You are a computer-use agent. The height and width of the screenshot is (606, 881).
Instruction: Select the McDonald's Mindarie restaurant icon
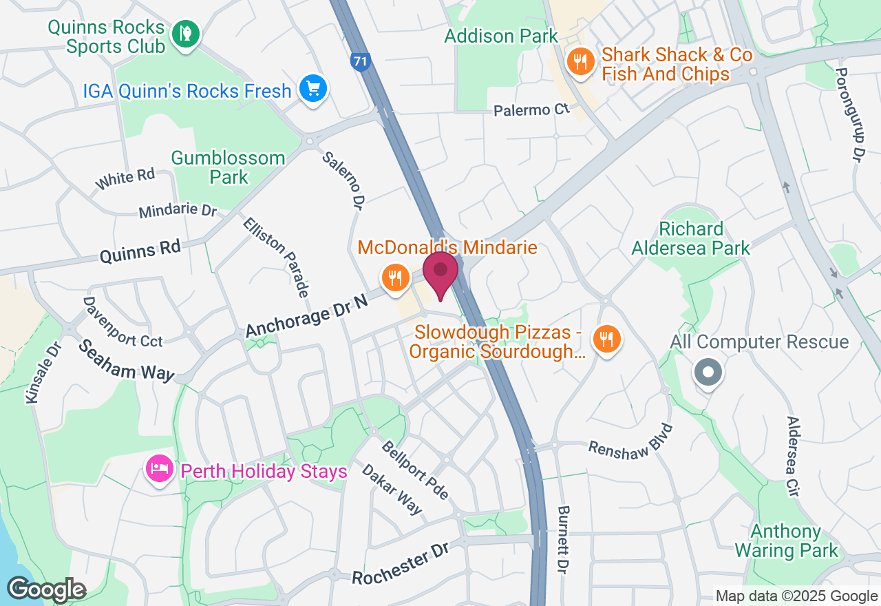coord(394,279)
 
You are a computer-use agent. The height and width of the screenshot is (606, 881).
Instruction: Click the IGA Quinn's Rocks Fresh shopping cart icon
coord(313,89)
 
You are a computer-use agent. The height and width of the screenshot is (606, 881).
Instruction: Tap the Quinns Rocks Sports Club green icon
coord(185,33)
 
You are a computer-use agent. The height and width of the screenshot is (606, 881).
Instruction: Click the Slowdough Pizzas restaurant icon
coord(606,339)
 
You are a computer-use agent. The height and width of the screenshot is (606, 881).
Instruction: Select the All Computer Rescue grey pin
coord(708,373)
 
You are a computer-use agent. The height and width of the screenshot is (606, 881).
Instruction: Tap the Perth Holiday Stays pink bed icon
coord(160,470)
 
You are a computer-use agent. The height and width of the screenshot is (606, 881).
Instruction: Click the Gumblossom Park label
coord(228,167)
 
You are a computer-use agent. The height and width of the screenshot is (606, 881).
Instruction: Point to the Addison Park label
coord(501,36)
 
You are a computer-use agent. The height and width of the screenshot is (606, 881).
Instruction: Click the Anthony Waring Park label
coord(786,541)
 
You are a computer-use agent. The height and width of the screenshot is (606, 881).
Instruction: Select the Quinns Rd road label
coord(140,251)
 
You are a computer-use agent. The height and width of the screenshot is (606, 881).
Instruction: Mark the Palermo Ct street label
coord(533,110)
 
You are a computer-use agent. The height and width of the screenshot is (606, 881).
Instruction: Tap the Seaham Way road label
coord(126,361)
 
